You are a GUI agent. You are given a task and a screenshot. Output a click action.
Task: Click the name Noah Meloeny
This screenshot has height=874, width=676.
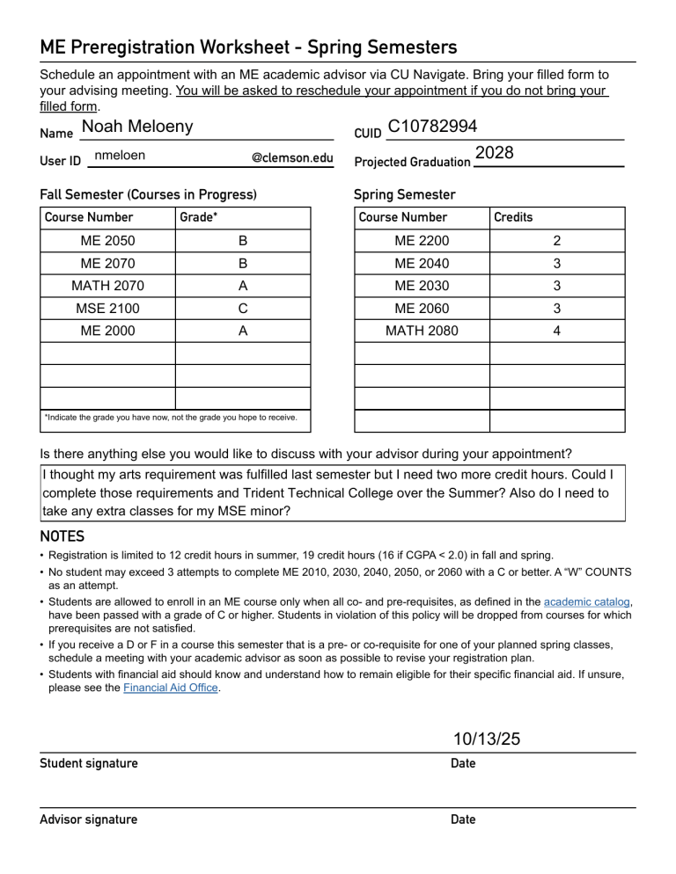[136, 127]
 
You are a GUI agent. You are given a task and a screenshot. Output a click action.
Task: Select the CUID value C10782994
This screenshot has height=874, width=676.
[431, 128]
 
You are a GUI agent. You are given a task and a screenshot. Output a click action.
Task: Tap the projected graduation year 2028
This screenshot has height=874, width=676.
[494, 153]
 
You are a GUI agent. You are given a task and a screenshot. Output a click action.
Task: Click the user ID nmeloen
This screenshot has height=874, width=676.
[120, 156]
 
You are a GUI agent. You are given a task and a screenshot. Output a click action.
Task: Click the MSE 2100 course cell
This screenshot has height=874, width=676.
[108, 309]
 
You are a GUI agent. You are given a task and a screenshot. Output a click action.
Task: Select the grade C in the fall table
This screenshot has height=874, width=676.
[243, 309]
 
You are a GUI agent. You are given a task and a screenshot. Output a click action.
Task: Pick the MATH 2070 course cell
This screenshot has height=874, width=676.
[108, 286]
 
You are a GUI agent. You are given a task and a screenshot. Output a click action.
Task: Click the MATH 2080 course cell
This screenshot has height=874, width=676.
[422, 331]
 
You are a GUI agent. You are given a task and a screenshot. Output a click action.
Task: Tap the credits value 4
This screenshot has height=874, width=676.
[556, 331]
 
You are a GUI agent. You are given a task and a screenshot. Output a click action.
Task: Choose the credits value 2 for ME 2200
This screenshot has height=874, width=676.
[556, 241]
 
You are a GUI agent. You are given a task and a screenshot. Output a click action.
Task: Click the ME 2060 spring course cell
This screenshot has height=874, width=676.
[422, 309]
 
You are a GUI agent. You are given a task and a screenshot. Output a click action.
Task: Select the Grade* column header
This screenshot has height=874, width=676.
[199, 217]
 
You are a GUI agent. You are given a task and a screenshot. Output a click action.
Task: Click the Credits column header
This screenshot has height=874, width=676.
[513, 217]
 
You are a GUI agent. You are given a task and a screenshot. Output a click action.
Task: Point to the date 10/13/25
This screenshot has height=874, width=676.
[487, 739]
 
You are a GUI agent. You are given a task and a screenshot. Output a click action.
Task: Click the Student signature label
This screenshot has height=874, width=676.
[89, 763]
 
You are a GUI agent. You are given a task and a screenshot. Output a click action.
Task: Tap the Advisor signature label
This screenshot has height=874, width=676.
[89, 819]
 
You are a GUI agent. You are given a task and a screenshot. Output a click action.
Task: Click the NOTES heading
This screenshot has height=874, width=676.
[62, 535]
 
